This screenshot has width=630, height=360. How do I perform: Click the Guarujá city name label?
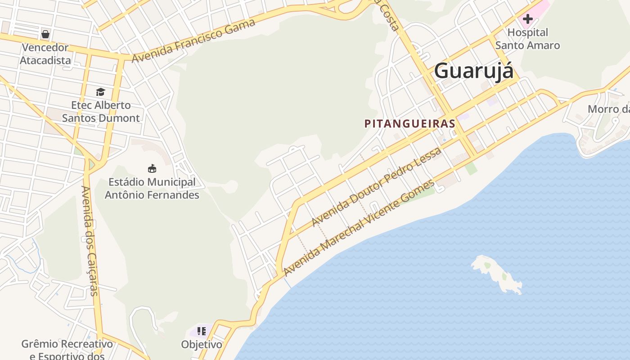pos(473,71)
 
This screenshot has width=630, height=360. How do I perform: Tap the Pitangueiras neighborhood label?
pos(410,124)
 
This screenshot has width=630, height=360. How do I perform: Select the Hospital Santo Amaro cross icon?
pos(527,19)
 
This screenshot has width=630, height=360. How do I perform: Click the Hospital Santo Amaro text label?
pos(527,39)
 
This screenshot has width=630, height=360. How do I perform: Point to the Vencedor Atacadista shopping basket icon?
pos(45,34)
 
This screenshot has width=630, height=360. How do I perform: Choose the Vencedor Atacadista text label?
pos(45,54)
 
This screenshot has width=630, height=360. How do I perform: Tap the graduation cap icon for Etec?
pos(100,92)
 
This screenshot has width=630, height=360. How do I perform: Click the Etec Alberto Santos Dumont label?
pos(101,112)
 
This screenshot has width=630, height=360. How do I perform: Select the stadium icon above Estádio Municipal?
pos(152,169)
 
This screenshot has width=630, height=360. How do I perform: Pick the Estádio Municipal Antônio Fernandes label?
pos(152,189)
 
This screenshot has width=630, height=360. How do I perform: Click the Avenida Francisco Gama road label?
pos(193,40)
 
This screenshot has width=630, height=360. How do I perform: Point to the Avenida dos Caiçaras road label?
pos(89,240)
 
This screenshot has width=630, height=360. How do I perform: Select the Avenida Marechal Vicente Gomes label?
pos(359,228)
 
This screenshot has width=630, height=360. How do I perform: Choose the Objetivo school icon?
pos(202,331)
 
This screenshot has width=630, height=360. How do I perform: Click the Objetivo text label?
pos(202,345)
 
